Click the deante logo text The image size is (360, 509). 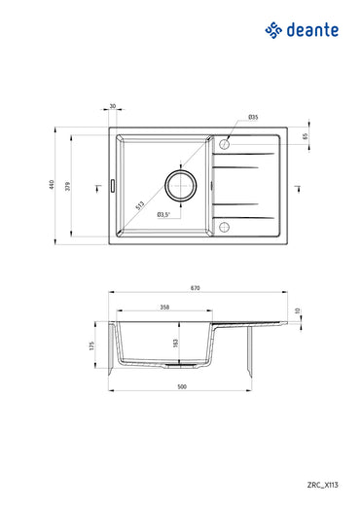pos(312,31)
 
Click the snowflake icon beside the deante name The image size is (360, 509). pos(273,31)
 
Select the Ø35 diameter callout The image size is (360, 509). pos(252,118)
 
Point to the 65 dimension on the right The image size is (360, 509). pos(304,137)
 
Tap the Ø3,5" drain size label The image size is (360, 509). pos(164,213)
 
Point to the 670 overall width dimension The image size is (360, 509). pos(196,287)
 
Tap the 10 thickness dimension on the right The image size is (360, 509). pos(299,312)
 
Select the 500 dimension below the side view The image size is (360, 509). pos(182,387)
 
